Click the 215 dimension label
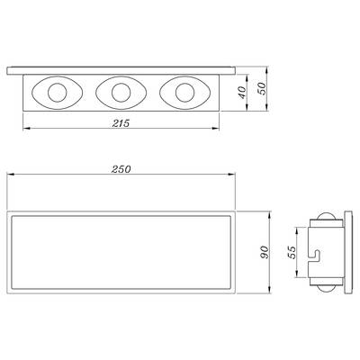point(121,123)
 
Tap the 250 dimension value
point(121,169)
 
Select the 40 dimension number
point(242,93)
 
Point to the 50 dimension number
point(262,89)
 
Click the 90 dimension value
point(264,252)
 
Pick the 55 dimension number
point(292,252)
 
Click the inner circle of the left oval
point(57,93)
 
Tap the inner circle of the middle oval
point(121,93)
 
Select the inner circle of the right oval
point(184,93)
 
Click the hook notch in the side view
point(314,256)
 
